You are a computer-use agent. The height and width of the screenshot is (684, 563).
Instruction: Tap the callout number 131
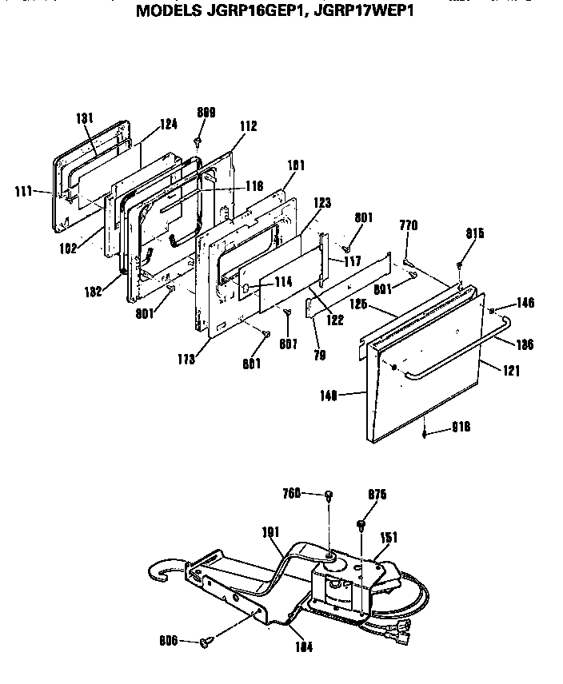point(86,118)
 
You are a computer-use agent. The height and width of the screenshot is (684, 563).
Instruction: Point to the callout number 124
point(168,125)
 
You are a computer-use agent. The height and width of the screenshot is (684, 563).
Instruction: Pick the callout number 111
point(25,192)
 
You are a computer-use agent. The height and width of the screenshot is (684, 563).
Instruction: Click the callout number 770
point(409,227)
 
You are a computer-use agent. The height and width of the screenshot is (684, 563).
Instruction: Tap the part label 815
point(475,233)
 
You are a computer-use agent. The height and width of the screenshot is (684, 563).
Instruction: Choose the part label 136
point(523,344)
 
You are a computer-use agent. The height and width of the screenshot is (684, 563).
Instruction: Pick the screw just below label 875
point(361,524)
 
